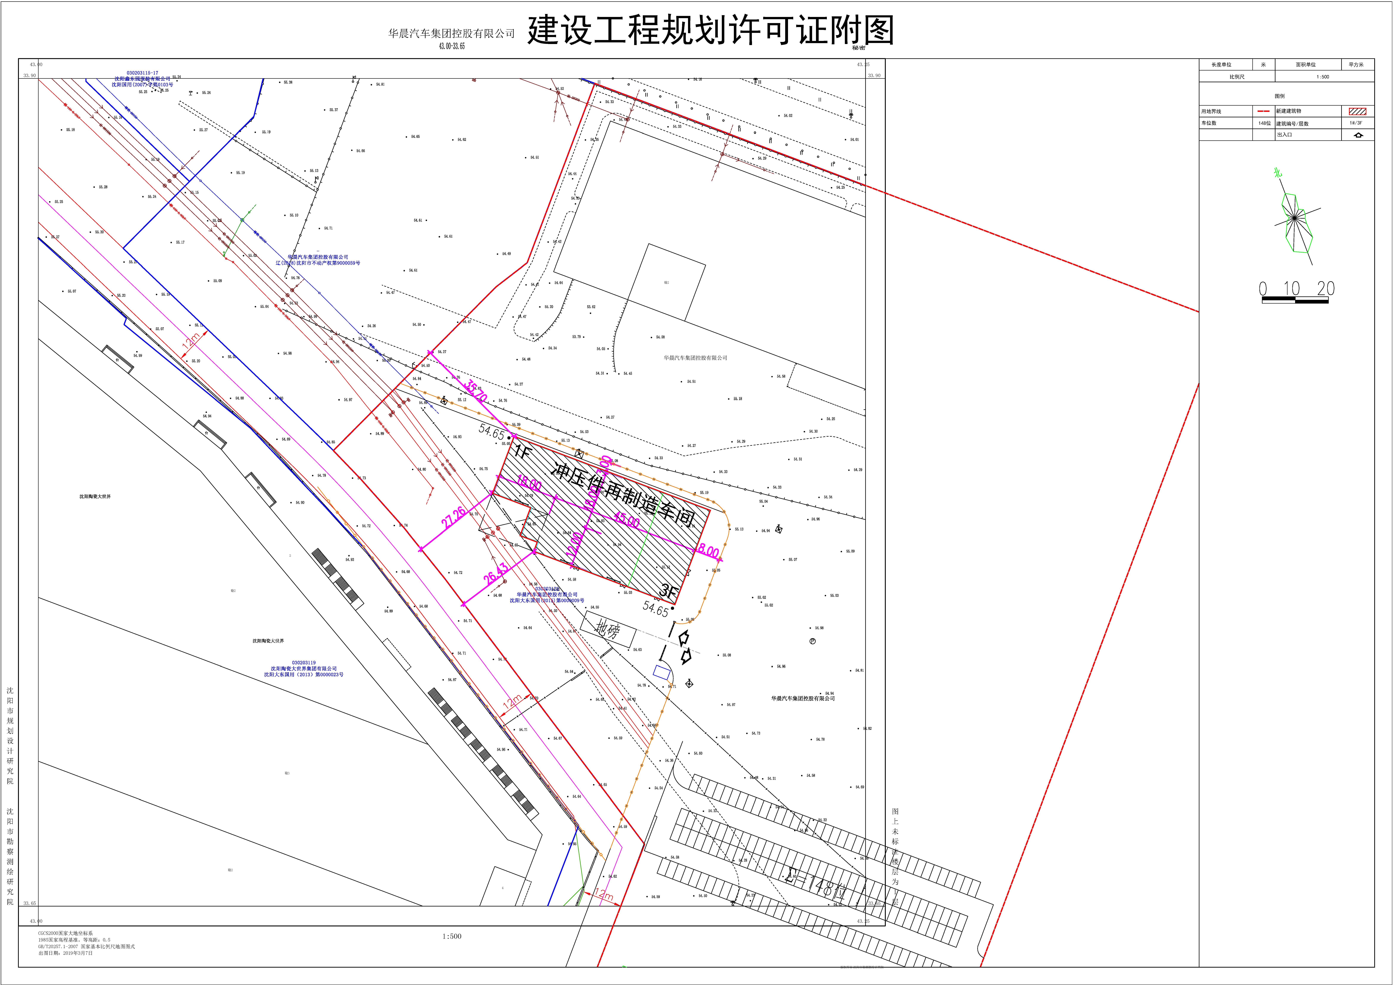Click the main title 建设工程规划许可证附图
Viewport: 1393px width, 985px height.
710,30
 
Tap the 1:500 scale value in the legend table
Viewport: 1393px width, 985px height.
1323,77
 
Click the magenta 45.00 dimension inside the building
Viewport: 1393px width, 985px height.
626,520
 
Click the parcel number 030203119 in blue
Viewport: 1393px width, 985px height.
303,663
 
